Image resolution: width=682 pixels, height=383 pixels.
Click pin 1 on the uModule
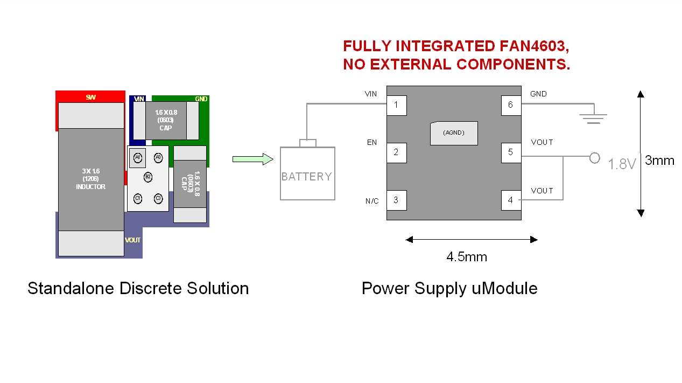(396, 105)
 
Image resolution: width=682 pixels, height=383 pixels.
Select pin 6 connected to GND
(511, 105)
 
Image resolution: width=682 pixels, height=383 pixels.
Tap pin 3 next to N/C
(396, 200)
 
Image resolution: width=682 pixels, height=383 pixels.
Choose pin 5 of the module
(511, 152)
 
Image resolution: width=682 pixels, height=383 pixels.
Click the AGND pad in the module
(454, 133)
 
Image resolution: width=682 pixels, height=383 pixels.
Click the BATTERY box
(307, 173)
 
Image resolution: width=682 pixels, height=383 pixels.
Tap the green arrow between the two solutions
(252, 159)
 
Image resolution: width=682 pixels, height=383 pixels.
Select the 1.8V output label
(622, 164)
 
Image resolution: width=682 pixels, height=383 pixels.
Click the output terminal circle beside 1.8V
(595, 158)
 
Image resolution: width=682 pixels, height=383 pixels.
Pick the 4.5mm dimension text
(467, 257)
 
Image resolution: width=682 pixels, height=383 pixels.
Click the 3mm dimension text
(659, 160)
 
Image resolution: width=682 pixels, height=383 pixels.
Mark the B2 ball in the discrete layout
(148, 177)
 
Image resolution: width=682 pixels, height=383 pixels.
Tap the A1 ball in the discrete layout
(138, 157)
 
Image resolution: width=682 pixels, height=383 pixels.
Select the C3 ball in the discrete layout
(158, 199)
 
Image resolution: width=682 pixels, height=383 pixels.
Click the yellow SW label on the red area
(91, 98)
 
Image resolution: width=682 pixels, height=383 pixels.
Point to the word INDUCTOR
(91, 187)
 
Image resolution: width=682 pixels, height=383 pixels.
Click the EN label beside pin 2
(372, 143)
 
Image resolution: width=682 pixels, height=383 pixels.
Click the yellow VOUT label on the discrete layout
(133, 240)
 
